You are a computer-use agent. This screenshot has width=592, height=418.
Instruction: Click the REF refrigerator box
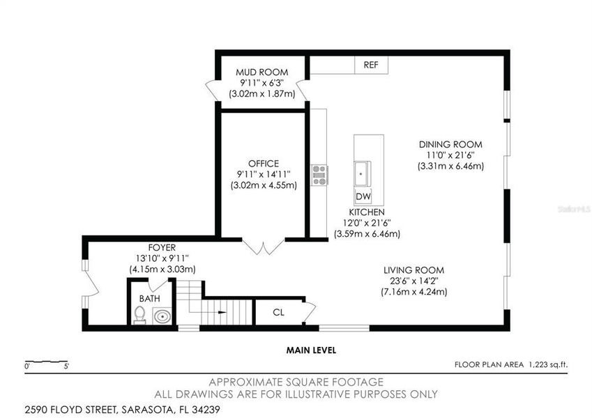370,65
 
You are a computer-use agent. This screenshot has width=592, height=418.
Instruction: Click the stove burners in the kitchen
319,174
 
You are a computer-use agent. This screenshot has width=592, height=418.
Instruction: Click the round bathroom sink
162,316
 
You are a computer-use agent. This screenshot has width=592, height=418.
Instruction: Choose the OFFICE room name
264,163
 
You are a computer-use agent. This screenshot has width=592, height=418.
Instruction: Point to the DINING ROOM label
450,144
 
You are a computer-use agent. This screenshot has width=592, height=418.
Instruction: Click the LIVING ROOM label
413,270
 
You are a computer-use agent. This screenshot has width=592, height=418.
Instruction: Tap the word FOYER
162,247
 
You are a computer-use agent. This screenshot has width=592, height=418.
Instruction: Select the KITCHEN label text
367,212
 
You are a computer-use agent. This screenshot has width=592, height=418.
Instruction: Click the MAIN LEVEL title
311,350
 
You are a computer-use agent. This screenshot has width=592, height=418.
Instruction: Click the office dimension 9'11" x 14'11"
264,174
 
